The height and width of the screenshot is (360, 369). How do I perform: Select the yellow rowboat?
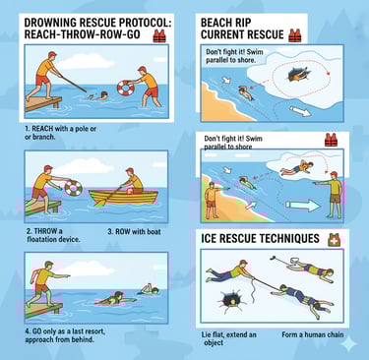click(x=123, y=197)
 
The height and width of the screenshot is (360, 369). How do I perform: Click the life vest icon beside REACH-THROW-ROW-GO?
click(x=159, y=36)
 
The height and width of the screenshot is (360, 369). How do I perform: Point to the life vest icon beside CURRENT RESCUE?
click(x=295, y=35)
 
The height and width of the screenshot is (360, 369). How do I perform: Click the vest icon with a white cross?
click(x=334, y=240)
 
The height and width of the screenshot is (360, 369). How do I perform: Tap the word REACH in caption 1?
click(x=42, y=129)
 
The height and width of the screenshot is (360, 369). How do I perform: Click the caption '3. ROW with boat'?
click(x=134, y=232)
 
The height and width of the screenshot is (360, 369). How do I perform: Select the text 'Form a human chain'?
click(x=313, y=334)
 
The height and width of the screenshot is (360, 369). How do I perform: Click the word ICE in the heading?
click(x=209, y=238)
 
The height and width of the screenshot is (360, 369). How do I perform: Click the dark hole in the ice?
click(x=230, y=298)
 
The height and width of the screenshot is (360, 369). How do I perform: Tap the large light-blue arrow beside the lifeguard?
click(x=302, y=206)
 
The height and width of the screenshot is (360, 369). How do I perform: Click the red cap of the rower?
click(x=130, y=170)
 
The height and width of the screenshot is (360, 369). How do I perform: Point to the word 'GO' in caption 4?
click(x=37, y=330)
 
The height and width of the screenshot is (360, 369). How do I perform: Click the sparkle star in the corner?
click(x=348, y=344)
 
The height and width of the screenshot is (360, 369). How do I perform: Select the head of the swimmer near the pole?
click(x=103, y=95)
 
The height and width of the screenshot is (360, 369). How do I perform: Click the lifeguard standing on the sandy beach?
click(x=212, y=201)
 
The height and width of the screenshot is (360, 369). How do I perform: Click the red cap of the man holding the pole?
click(x=52, y=54)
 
